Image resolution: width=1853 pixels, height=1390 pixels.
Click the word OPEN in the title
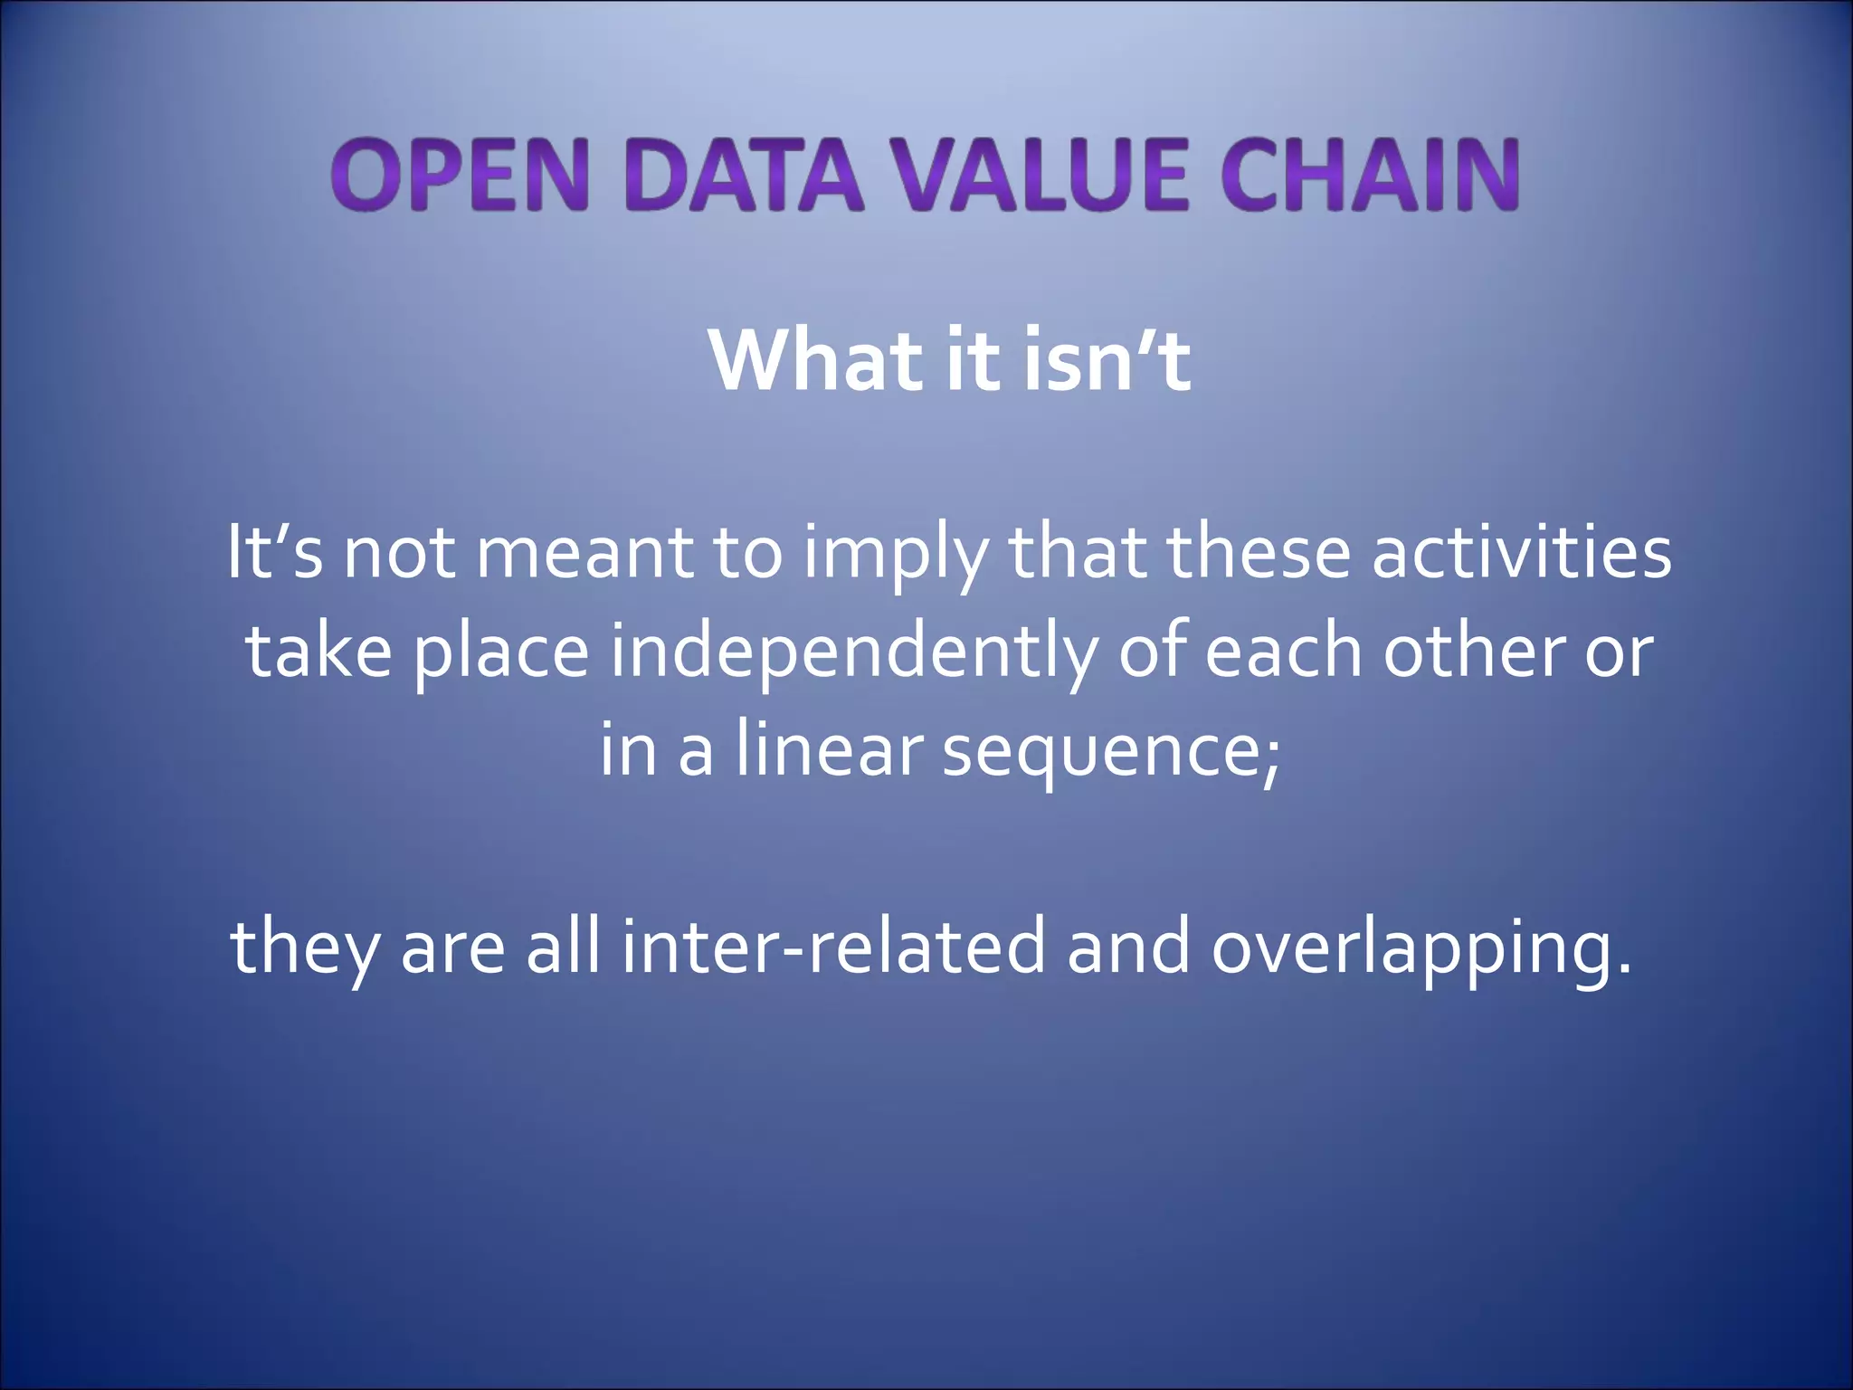(461, 175)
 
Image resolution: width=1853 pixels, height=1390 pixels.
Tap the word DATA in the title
(744, 175)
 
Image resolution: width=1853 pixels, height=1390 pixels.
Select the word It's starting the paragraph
(273, 552)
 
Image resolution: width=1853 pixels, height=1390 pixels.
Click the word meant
(584, 552)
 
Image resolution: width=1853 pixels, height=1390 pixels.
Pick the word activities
(1521, 552)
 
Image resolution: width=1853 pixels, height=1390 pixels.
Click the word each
(1282, 652)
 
